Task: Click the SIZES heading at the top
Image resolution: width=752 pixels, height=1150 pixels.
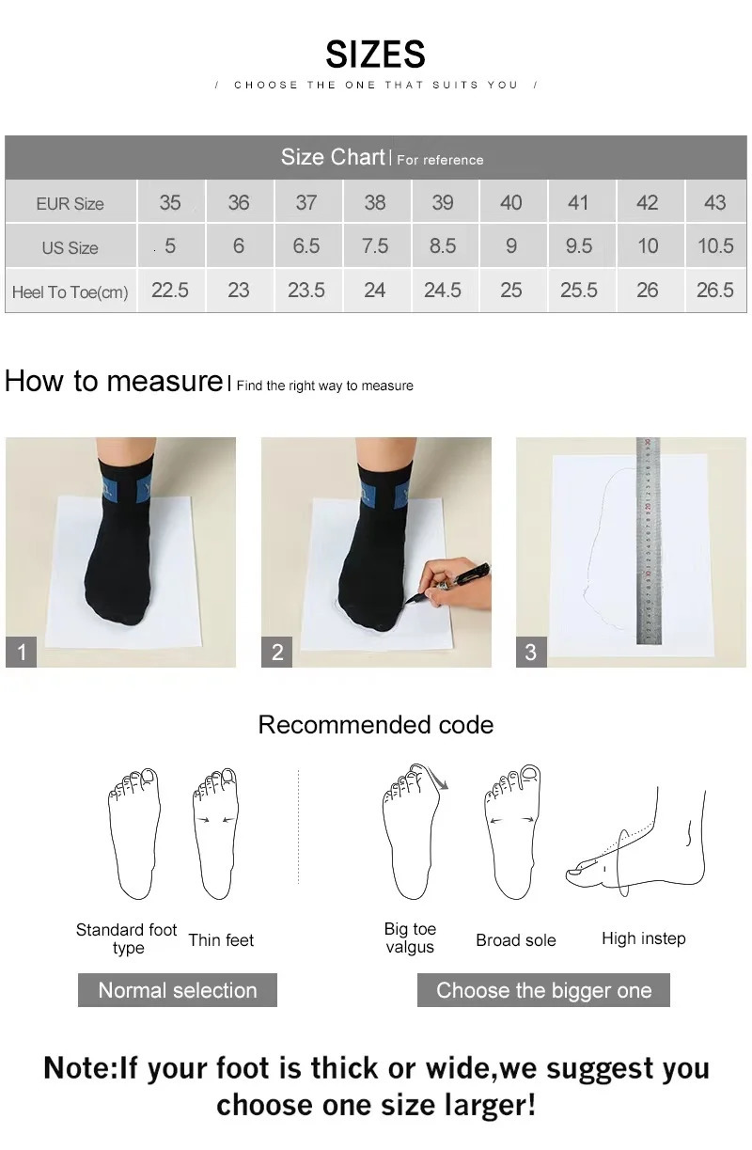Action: tap(375, 55)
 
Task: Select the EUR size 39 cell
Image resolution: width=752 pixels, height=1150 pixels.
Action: tap(443, 202)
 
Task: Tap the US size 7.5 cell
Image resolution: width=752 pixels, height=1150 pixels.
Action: tap(374, 246)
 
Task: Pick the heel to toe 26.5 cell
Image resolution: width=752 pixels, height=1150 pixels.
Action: tap(714, 291)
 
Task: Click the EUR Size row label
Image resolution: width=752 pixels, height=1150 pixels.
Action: tap(70, 204)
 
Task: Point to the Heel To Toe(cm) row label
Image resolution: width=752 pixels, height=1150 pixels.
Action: tap(70, 292)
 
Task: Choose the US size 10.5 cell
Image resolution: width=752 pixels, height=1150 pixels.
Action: tap(714, 246)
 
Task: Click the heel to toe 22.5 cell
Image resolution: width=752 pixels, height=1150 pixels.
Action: tap(170, 291)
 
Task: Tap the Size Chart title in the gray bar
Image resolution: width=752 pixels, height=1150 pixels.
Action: tap(333, 157)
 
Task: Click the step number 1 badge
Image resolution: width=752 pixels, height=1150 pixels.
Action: tap(22, 652)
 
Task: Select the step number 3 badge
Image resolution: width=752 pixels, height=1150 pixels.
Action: tap(531, 652)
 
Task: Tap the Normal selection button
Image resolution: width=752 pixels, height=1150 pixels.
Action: tap(177, 990)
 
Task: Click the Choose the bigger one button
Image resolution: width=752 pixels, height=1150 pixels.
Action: tap(543, 990)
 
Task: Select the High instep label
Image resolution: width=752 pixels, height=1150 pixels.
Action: tap(643, 938)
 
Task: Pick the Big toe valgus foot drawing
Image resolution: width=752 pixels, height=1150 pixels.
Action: tap(411, 832)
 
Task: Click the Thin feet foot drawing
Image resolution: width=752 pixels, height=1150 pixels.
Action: tap(215, 832)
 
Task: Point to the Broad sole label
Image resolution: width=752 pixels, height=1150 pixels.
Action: tap(515, 940)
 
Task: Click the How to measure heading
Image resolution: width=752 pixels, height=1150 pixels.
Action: tap(113, 381)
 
